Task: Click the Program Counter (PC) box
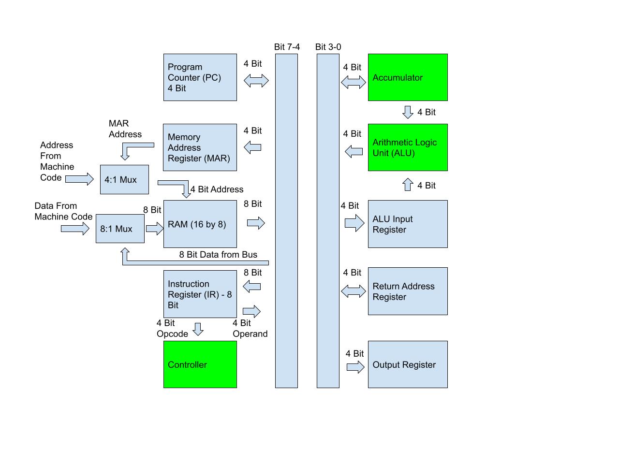pyautogui.click(x=200, y=77)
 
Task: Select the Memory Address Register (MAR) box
pyautogui.click(x=200, y=147)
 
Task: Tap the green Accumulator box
pyautogui.click(x=408, y=77)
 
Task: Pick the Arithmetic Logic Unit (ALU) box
pyautogui.click(x=408, y=147)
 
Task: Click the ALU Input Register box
pyautogui.click(x=408, y=224)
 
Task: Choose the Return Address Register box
pyautogui.click(x=408, y=291)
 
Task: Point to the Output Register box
pyautogui.click(x=408, y=364)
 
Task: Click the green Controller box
pyautogui.click(x=200, y=364)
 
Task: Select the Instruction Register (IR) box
pyautogui.click(x=200, y=294)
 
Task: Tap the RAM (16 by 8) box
pyautogui.click(x=200, y=224)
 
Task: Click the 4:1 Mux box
pyautogui.click(x=124, y=179)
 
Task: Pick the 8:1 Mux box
pyautogui.click(x=120, y=229)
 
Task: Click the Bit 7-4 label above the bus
pyautogui.click(x=287, y=47)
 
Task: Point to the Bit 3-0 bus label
pyautogui.click(x=328, y=47)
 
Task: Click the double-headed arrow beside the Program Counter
pyautogui.click(x=256, y=81)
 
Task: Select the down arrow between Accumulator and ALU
pyautogui.click(x=408, y=112)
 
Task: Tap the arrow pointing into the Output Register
pyautogui.click(x=355, y=367)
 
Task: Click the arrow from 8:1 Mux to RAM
pyautogui.click(x=154, y=229)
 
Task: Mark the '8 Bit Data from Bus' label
pyautogui.click(x=218, y=255)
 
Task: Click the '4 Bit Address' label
pyautogui.click(x=217, y=189)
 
